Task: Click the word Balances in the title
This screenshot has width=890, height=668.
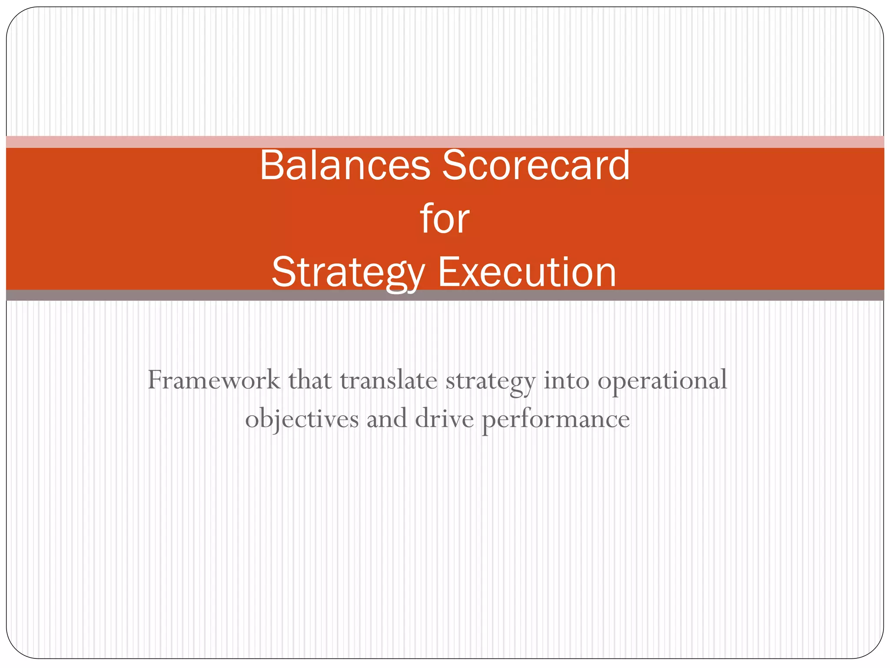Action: click(x=344, y=165)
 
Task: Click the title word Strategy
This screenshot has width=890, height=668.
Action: click(x=348, y=273)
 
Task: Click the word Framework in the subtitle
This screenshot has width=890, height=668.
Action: click(x=214, y=380)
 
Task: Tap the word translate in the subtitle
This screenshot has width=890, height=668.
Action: click(x=388, y=380)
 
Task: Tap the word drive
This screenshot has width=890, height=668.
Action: click(x=444, y=418)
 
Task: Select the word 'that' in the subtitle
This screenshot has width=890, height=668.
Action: click(x=309, y=380)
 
